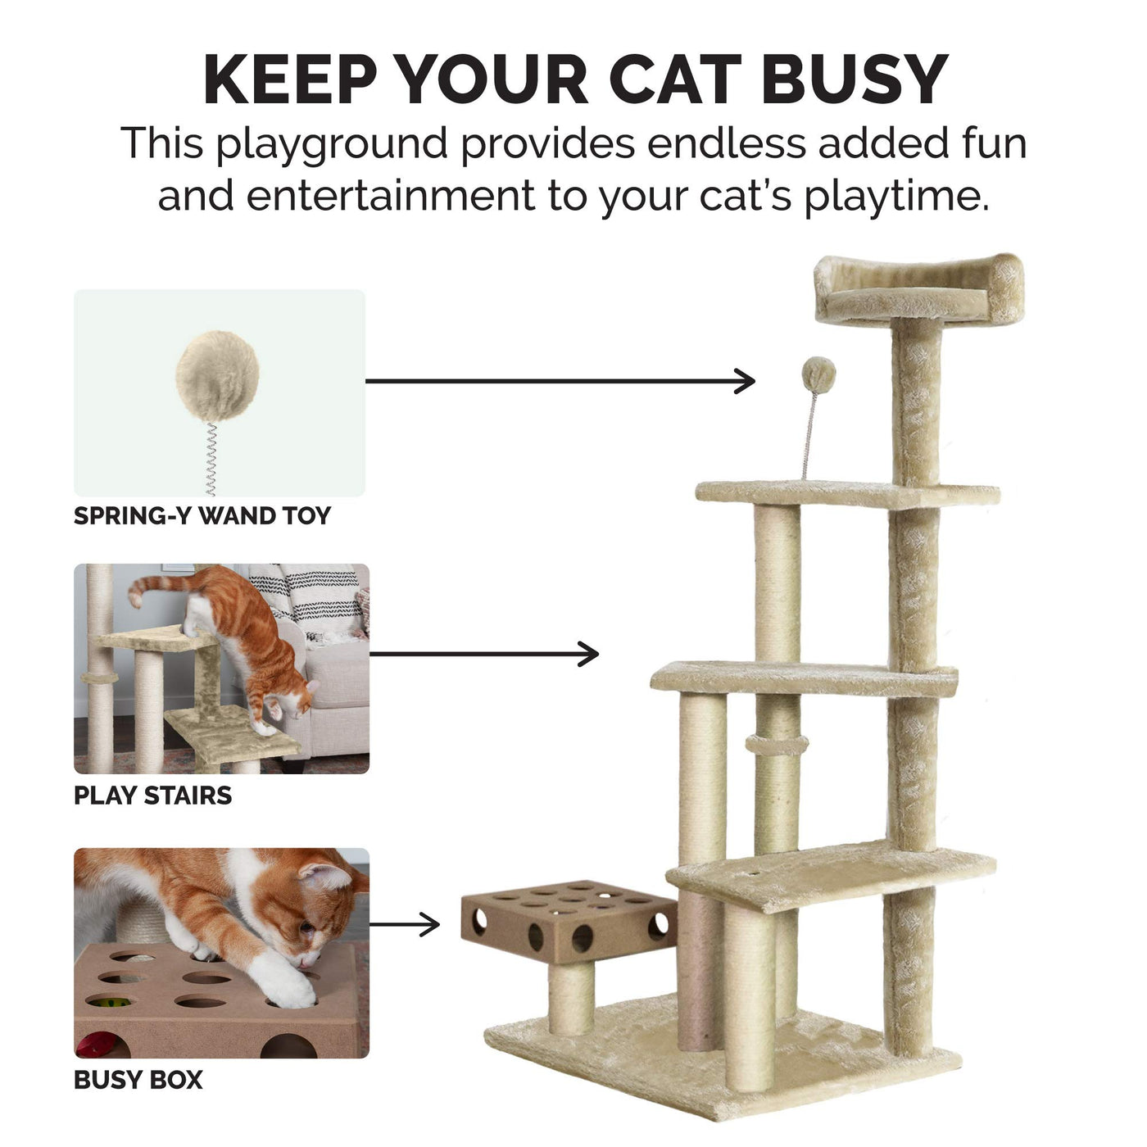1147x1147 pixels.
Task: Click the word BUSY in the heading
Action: tap(855, 79)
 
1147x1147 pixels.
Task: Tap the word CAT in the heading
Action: tap(675, 79)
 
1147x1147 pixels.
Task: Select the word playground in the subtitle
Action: tap(331, 144)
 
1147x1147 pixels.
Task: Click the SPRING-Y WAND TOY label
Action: tap(202, 515)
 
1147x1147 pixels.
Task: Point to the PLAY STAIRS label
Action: tap(152, 796)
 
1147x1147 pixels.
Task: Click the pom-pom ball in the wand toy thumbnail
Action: tap(217, 376)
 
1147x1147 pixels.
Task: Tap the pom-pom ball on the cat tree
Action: tap(818, 375)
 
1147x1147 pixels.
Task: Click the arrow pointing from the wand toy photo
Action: tap(560, 381)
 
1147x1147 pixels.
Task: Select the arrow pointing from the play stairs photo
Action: tap(484, 654)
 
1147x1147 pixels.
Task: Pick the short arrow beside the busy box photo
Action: tap(404, 924)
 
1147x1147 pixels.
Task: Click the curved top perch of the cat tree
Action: tap(918, 288)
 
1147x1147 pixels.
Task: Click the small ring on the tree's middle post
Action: tap(777, 745)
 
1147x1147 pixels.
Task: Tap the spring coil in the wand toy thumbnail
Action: tap(210, 459)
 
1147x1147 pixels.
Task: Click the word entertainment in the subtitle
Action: tap(391, 197)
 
